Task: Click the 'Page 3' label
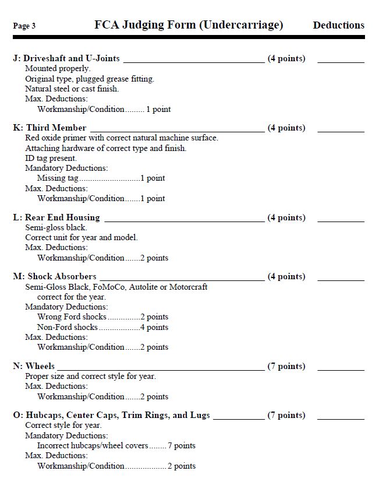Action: [24, 26]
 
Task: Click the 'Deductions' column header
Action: [338, 25]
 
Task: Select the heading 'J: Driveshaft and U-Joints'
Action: [66, 58]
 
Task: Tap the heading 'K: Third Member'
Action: [49, 128]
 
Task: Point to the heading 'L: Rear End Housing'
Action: [56, 217]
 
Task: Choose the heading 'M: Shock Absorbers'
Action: [55, 276]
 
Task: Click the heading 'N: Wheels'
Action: [34, 366]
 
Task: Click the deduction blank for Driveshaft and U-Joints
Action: [341, 61]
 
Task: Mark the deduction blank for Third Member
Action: [341, 130]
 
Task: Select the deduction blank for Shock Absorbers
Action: [341, 279]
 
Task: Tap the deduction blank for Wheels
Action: [341, 368]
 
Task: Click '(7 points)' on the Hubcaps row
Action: [286, 416]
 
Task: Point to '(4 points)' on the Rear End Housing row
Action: [286, 218]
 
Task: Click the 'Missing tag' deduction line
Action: [101, 178]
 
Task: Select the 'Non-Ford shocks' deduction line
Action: [102, 327]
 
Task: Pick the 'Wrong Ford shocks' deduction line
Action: [102, 317]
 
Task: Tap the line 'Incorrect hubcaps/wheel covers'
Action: [116, 446]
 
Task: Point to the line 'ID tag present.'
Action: [51, 158]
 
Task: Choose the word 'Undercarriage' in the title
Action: [240, 25]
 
